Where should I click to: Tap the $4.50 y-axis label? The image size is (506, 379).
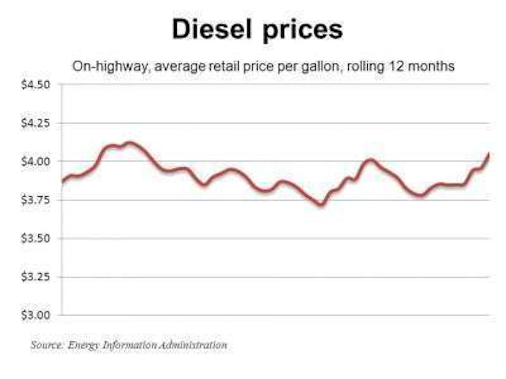tap(36, 85)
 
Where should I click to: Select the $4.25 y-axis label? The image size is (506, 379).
tap(36, 123)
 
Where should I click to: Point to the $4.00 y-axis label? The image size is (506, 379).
tap(36, 162)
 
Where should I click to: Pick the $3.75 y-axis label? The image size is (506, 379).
tap(36, 200)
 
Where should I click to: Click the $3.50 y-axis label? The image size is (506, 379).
tap(36, 238)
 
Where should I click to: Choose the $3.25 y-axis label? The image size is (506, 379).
tap(36, 277)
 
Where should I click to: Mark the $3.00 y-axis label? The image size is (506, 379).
tap(36, 315)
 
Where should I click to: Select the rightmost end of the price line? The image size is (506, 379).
tap(489, 154)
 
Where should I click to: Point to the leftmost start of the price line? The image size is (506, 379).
tap(62, 181)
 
